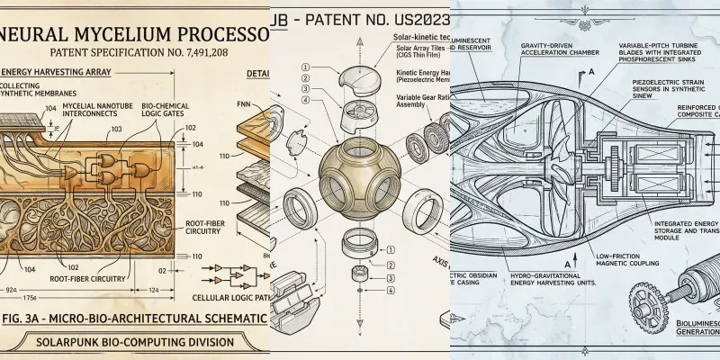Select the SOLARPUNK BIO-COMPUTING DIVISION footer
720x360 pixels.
point(134,342)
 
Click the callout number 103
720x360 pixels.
point(115,130)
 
